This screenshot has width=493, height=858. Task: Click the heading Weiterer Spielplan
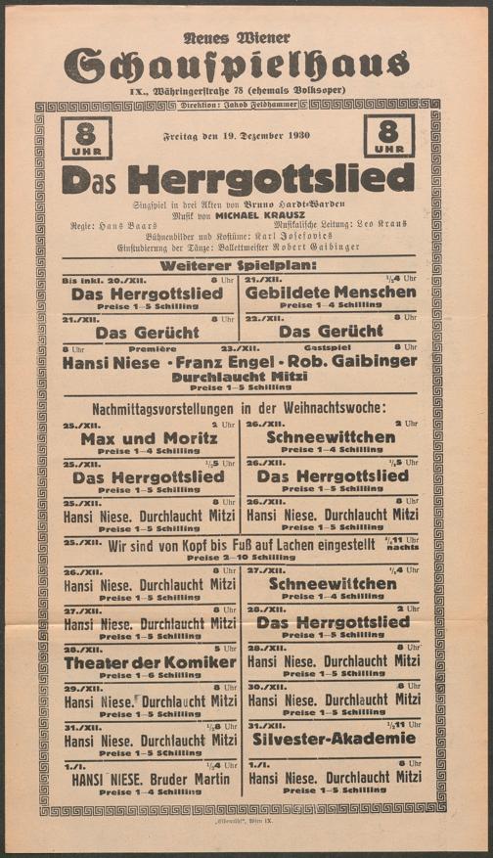pyautogui.click(x=238, y=264)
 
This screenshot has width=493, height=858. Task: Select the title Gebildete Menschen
pyautogui.click(x=331, y=293)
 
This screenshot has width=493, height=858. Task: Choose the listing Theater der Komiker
pyautogui.click(x=150, y=662)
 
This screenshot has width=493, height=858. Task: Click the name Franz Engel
pyautogui.click(x=241, y=362)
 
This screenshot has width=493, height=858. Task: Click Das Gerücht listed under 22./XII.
pyautogui.click(x=331, y=332)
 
